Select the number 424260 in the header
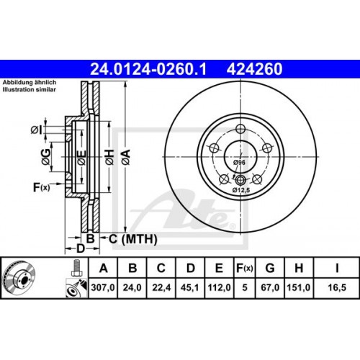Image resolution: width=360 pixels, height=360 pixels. click(x=254, y=70)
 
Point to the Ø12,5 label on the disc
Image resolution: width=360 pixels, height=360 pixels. click(x=240, y=190)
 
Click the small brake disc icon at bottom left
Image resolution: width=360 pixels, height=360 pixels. click(x=20, y=278)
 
